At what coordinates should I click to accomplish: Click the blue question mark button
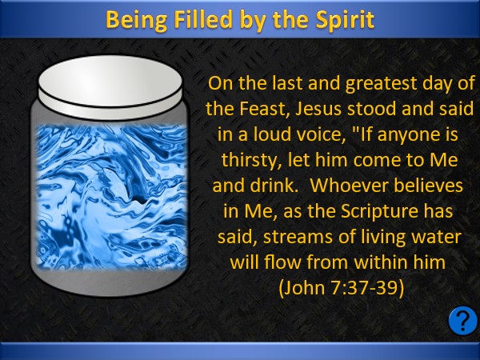point(462,320)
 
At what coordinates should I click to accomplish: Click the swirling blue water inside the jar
point(111,197)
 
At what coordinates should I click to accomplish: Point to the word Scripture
point(378,211)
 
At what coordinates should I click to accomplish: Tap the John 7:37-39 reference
point(342,288)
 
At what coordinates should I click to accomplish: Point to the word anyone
point(402,135)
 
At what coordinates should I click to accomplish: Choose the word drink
point(274,186)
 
